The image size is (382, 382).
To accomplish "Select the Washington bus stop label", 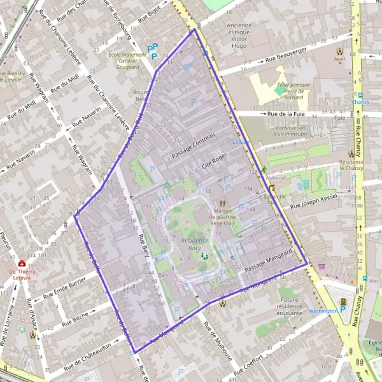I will click(x=322, y=311).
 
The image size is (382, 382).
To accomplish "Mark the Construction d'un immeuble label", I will click(x=290, y=131).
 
